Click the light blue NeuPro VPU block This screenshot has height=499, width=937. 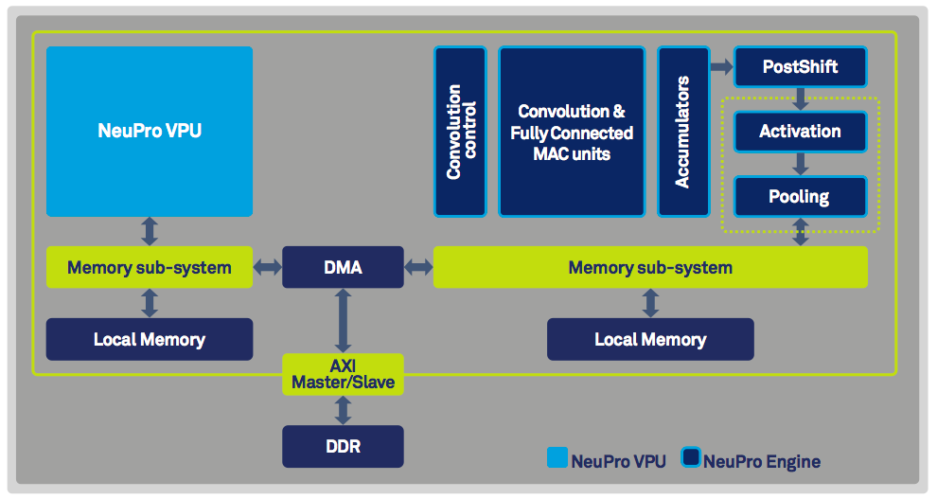point(150,131)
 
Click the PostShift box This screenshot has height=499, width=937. point(801,67)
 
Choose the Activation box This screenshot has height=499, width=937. point(801,132)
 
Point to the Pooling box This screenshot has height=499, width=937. point(801,197)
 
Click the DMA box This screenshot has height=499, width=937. point(343,267)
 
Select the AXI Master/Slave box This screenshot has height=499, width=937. point(343,375)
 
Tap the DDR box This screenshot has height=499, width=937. point(343,446)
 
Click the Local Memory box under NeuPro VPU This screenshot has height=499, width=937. point(150,339)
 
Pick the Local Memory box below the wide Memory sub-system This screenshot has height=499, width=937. point(650,339)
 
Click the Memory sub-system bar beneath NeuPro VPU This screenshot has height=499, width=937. point(150,267)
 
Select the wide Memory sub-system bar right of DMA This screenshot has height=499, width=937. point(650,267)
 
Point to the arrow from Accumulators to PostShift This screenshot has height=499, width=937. point(721,67)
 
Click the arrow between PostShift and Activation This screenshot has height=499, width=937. point(801,98)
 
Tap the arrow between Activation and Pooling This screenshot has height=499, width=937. point(801,164)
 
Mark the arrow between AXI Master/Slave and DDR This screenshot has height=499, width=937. point(343,411)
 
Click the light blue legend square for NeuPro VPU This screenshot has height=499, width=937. point(557,459)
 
